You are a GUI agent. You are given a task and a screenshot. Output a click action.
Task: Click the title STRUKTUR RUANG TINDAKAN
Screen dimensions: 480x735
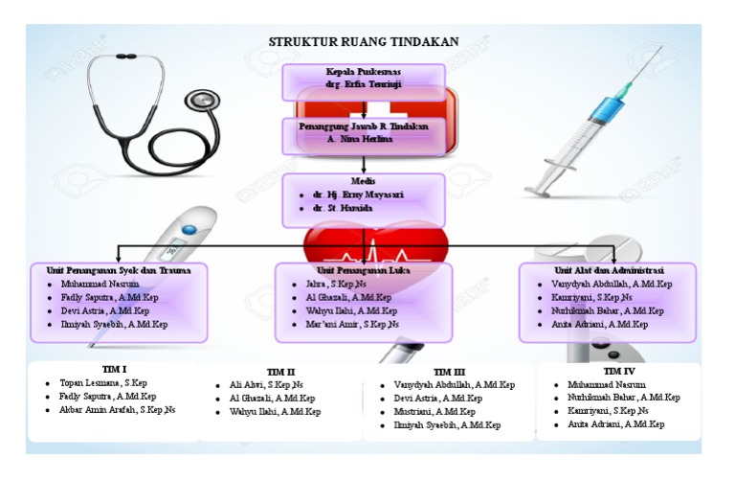tap(364, 41)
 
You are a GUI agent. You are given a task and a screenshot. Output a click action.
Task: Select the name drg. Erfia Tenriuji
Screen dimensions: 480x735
tap(363, 85)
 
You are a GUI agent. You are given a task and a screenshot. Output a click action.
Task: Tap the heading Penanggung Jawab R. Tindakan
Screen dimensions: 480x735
tap(363, 126)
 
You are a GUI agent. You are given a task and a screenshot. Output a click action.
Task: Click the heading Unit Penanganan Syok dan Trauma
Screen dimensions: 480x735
tap(120, 271)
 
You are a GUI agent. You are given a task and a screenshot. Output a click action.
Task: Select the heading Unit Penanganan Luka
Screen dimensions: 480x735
tap(363, 271)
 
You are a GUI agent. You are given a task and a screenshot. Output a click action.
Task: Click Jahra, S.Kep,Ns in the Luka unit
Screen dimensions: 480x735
tap(334, 285)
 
